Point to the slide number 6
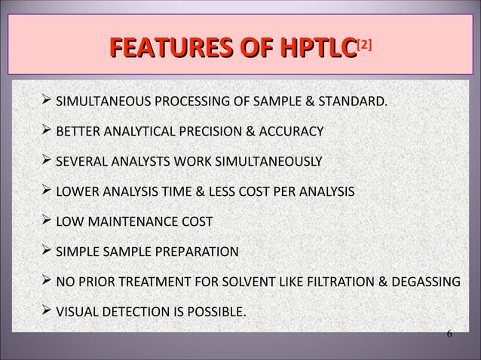click(449, 334)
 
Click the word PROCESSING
click(186, 101)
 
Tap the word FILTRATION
click(333, 282)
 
